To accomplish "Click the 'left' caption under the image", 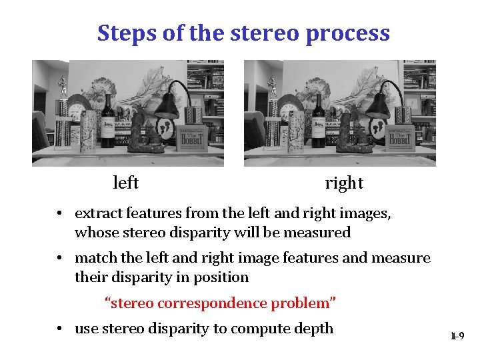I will (125, 183).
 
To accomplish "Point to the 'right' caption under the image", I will (344, 183).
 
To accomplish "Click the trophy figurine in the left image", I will (63, 87).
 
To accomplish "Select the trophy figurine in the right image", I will (273, 87).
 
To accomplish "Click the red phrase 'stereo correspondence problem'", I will (220, 303).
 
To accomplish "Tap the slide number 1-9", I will (457, 337).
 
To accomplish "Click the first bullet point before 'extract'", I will (60, 214).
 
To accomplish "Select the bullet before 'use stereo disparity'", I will (60, 329).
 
